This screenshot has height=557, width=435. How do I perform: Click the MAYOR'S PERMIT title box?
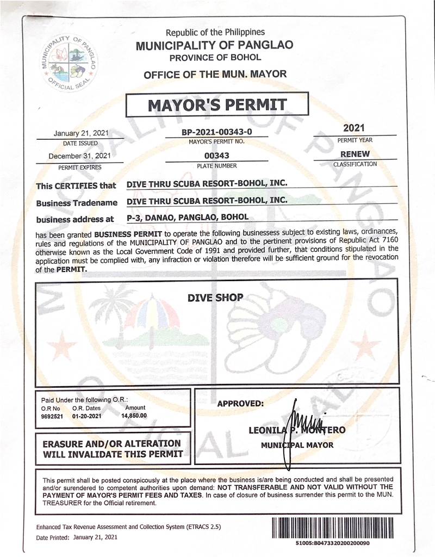coord(217,104)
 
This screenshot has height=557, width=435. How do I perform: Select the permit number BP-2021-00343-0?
coord(217,132)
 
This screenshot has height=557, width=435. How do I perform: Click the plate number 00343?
coord(217,156)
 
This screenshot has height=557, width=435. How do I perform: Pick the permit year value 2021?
coord(355,128)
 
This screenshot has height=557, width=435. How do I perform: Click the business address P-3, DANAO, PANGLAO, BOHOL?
coord(187,217)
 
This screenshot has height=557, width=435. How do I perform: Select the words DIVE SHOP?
coord(215,298)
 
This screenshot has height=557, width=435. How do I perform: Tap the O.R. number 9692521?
coord(52,416)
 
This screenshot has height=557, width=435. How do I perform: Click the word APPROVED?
coord(240,404)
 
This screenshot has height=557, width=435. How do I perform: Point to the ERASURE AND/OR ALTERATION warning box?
coord(113,448)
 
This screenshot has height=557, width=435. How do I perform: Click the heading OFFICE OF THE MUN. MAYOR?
coord(214,75)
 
